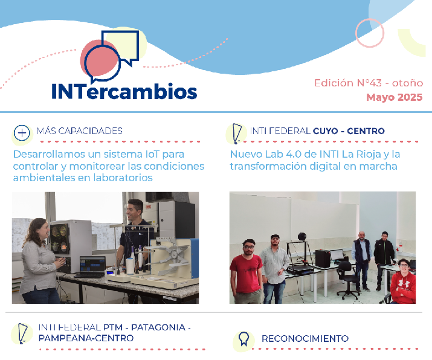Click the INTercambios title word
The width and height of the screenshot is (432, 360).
pos(124,91)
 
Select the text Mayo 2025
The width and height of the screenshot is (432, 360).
pos(394,97)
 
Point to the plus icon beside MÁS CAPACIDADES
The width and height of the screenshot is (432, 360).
pos(22,133)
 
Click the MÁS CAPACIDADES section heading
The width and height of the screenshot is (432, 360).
pos(80,131)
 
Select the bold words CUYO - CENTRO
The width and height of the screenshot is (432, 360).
pos(349,131)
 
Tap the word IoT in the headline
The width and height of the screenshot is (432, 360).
pos(152,154)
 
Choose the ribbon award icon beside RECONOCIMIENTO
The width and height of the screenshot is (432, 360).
pos(243,339)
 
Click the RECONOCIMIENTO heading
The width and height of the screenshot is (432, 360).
pos(305,338)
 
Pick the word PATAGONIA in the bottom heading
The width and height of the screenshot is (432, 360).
pos(158,327)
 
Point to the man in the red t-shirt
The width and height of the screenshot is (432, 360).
pos(247,272)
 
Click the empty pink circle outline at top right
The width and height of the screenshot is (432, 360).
pos(369,33)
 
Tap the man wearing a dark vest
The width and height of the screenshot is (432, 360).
pos(362,261)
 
